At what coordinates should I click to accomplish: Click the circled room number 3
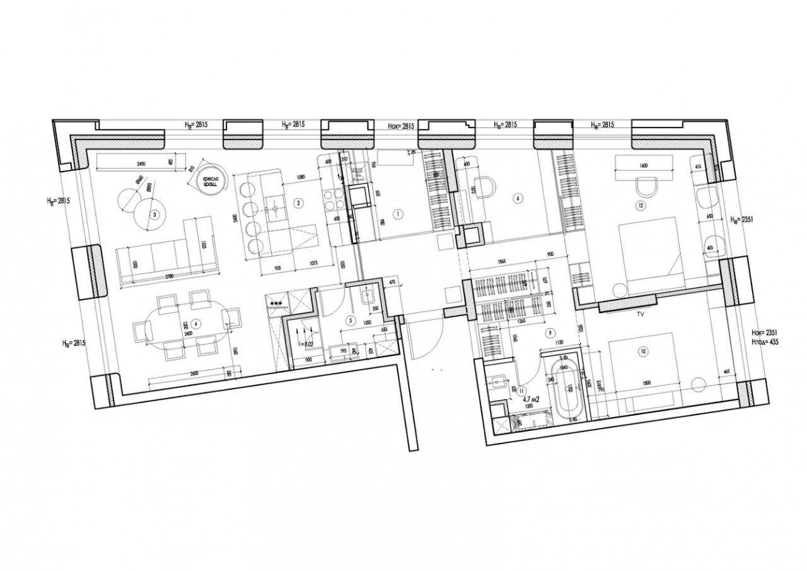tap(154, 215)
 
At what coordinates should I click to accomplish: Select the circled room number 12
tap(641, 205)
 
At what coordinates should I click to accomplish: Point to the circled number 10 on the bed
tap(643, 351)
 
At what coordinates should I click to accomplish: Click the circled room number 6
tap(518, 198)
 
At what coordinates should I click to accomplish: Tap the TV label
tap(641, 313)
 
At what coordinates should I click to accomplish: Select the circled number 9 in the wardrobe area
tap(551, 332)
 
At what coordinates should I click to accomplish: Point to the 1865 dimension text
tap(502, 260)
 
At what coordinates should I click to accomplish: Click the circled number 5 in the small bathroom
tap(351, 320)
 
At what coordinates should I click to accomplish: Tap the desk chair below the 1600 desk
tap(647, 187)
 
